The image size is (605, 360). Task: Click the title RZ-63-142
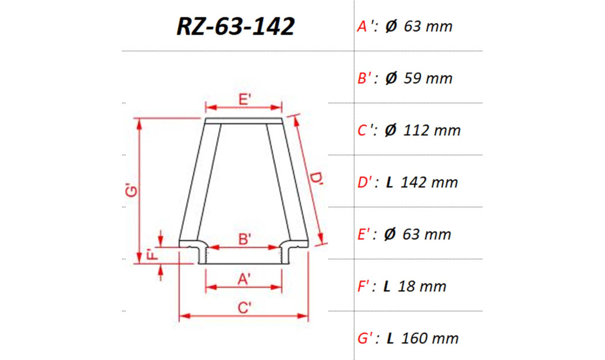click(235, 26)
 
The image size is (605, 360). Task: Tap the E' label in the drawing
click(244, 99)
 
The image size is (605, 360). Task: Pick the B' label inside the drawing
click(244, 239)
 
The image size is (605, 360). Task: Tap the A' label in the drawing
click(244, 279)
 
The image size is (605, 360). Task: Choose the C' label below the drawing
click(244, 308)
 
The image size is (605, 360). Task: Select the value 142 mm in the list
click(429, 183)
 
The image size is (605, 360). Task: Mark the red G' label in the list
click(367, 338)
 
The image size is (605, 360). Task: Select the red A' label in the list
click(367, 26)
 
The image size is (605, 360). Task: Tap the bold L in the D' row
click(390, 183)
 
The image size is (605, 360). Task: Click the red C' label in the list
click(367, 131)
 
